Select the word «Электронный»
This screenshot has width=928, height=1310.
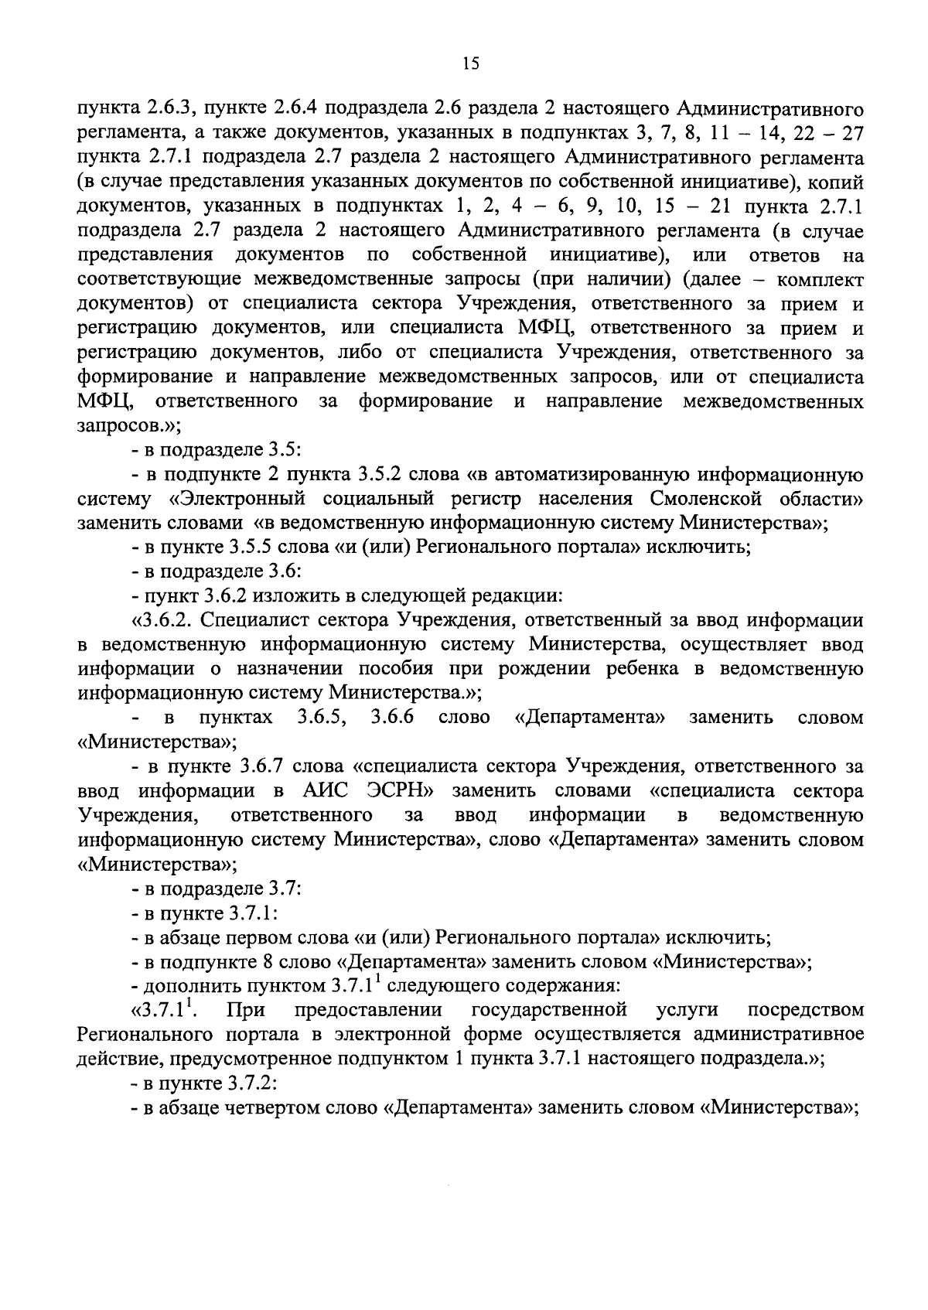tap(236, 498)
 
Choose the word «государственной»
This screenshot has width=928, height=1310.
tap(548, 1010)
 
